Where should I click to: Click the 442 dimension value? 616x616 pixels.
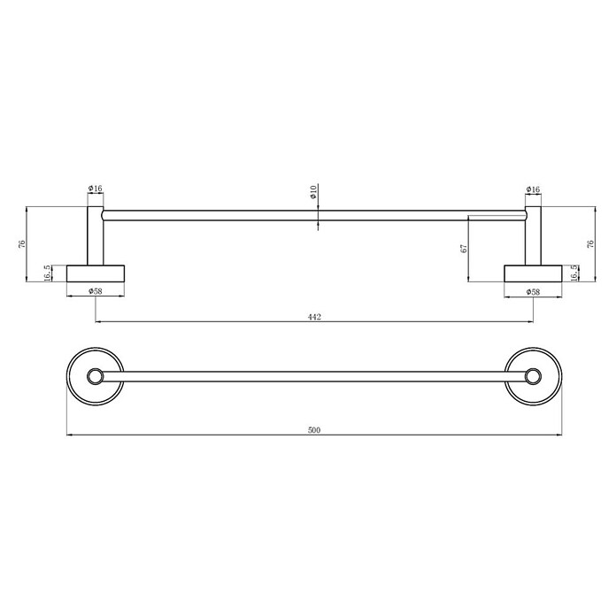[x=314, y=317]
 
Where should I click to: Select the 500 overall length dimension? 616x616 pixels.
[x=314, y=430]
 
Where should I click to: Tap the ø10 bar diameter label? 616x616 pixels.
[x=313, y=192]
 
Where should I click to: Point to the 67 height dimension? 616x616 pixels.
[x=465, y=249]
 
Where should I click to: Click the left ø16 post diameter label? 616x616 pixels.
[x=95, y=189]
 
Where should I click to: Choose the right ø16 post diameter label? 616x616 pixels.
[x=533, y=189]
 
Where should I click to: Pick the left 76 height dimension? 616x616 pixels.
[x=22, y=243]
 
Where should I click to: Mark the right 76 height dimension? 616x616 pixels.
[x=590, y=243]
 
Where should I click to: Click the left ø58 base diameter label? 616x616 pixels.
[x=96, y=291]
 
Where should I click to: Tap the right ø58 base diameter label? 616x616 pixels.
[x=533, y=292]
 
